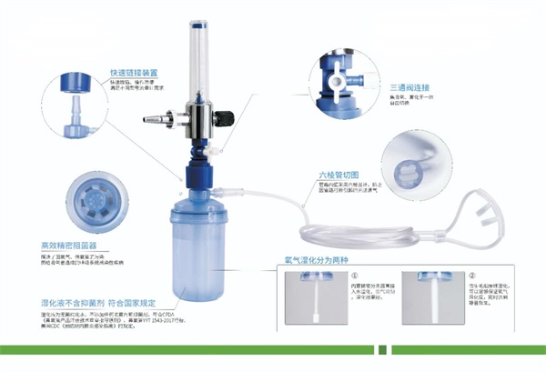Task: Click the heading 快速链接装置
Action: (x=134, y=71)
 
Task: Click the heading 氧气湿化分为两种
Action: (x=317, y=259)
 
